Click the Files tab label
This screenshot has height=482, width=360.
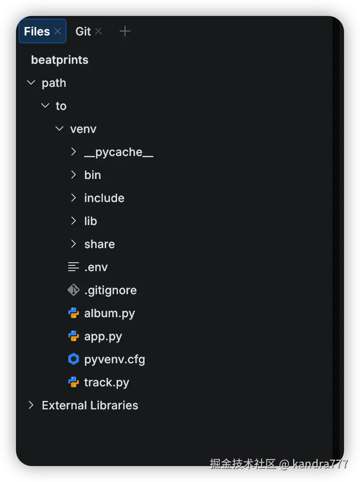(x=37, y=31)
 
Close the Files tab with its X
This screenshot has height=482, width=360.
(x=58, y=31)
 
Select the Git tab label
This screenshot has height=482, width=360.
(x=83, y=31)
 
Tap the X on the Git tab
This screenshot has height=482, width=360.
(x=98, y=31)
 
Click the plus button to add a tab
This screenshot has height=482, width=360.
(x=125, y=31)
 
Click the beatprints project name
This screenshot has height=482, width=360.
(x=59, y=60)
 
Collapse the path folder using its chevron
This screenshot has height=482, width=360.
(x=31, y=83)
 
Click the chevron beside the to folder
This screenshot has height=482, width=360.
(x=45, y=106)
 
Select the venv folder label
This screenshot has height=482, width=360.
(x=83, y=129)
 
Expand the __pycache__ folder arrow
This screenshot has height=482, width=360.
(x=74, y=152)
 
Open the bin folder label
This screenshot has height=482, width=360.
(x=93, y=175)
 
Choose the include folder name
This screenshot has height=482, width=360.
(x=104, y=198)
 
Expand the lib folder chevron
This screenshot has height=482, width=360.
(x=74, y=221)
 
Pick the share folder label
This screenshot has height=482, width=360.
(x=99, y=244)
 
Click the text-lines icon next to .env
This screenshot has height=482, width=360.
(x=74, y=267)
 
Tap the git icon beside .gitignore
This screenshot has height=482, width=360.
(x=74, y=290)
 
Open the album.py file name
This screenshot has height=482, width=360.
(x=110, y=313)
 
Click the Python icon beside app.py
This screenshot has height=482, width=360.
(x=74, y=336)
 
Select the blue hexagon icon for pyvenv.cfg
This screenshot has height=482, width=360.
(x=74, y=359)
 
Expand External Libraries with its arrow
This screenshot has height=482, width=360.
(x=31, y=405)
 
